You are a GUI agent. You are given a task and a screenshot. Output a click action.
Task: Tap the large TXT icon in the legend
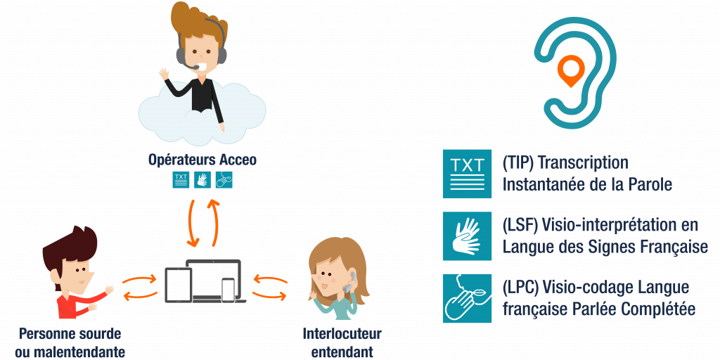[x=467, y=173]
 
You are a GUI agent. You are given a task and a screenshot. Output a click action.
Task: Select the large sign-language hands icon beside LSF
[x=467, y=236]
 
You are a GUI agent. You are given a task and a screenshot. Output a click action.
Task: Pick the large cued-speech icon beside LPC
[x=467, y=298]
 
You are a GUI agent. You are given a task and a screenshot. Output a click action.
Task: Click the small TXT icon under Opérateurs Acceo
[x=181, y=179]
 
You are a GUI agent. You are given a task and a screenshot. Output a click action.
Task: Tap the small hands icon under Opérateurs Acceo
[x=202, y=179]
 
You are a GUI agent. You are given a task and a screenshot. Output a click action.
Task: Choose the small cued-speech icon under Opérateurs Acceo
[x=224, y=179]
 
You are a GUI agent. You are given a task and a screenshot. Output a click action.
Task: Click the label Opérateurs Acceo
[x=202, y=160]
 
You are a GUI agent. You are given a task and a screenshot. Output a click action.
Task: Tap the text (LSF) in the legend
[x=522, y=225]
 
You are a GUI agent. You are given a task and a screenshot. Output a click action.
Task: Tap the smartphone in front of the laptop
[x=228, y=288]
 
